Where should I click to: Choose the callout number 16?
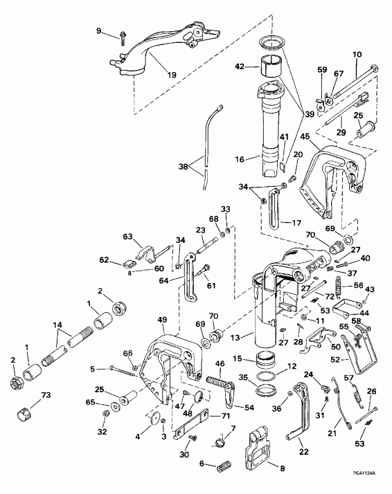coord(240,158)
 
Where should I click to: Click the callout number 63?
coord(127,237)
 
